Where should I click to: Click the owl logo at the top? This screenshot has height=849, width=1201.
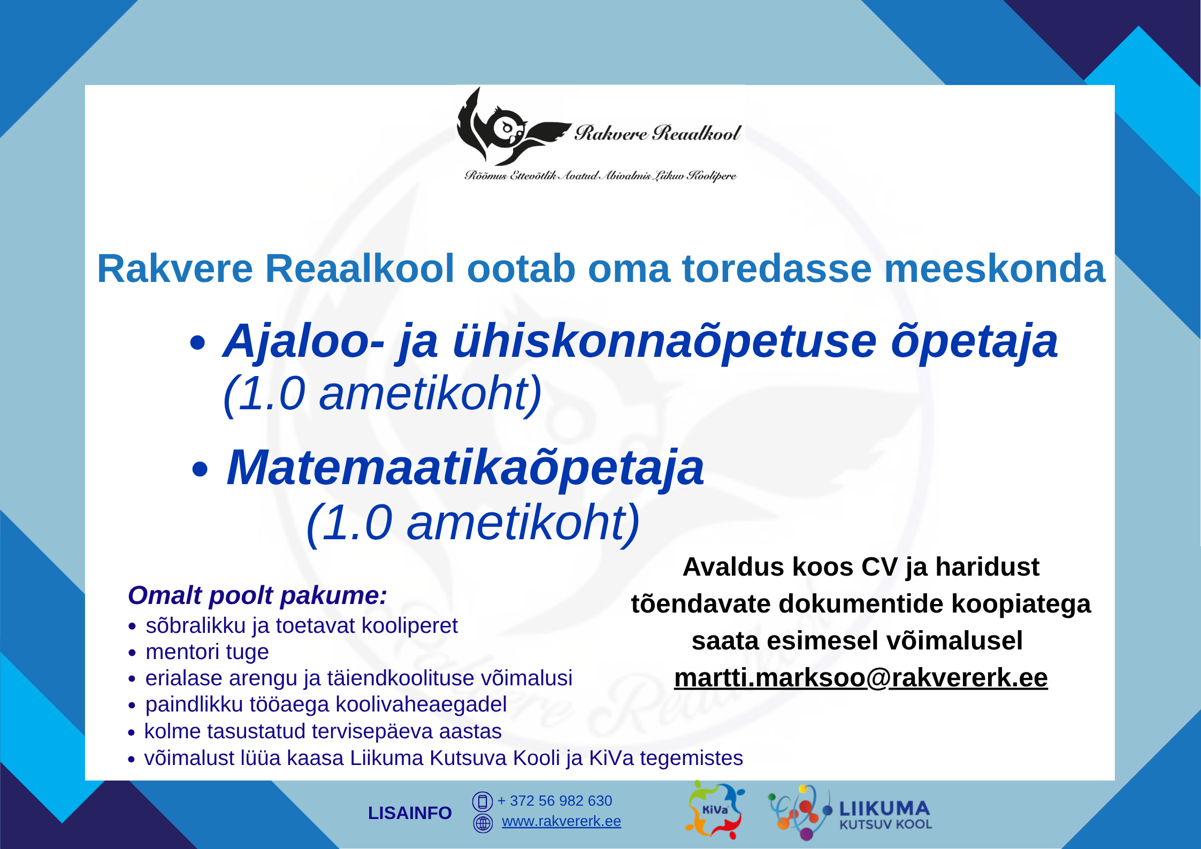pos(511,127)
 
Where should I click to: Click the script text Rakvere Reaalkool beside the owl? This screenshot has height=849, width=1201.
pos(657,133)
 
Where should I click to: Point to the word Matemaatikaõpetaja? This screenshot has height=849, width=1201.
pos(465,468)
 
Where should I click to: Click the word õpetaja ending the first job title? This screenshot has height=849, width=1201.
pos(974,342)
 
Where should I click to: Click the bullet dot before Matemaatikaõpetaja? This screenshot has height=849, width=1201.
pos(200,469)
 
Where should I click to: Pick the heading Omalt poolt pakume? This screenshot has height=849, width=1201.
pos(257,595)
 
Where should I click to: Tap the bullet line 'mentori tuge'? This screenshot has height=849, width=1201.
pos(207,652)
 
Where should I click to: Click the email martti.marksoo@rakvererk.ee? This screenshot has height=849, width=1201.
pos(861,678)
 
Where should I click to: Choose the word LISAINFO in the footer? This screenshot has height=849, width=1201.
pos(410,813)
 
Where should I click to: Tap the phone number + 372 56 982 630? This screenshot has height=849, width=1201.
pos(555,801)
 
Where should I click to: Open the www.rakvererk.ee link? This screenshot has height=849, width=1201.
pos(561,821)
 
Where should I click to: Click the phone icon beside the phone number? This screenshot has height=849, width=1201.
pos(483,801)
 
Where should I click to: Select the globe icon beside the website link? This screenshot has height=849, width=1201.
pos(483,823)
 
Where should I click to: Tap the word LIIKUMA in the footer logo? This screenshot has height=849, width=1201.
pos(885,808)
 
